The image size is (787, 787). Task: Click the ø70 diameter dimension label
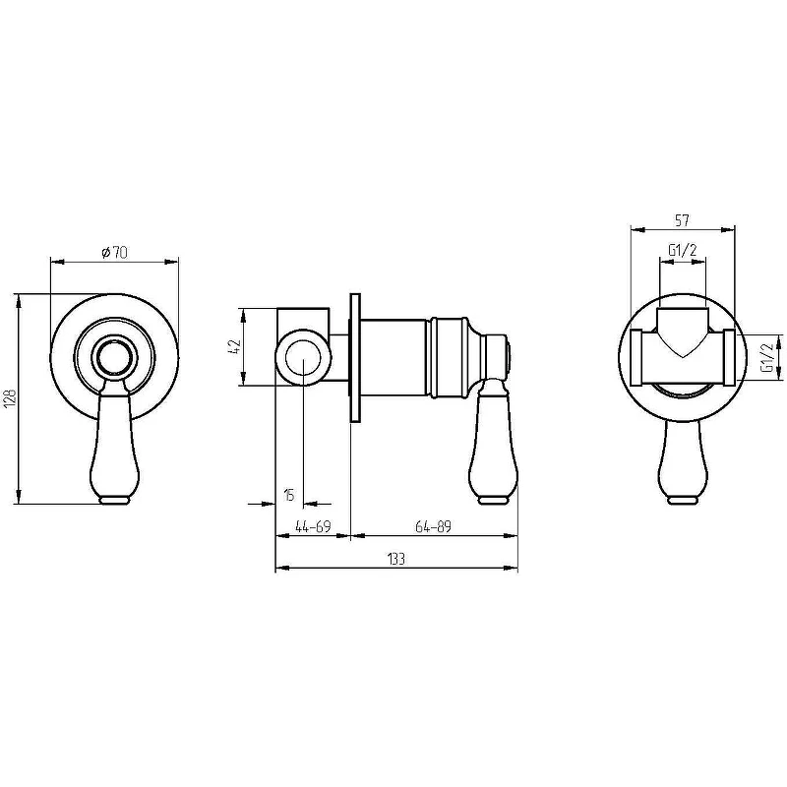pos(115,252)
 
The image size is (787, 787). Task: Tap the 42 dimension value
pos(236,347)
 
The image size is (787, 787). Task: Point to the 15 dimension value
pos(289,496)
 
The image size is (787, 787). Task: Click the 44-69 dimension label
pos(313,526)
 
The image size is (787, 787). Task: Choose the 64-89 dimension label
pos(433,526)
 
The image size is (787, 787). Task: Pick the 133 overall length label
pos(396,559)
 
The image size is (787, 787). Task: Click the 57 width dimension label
pos(682,219)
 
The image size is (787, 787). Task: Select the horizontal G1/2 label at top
pos(683,250)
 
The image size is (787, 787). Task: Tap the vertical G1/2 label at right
pos(767,358)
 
